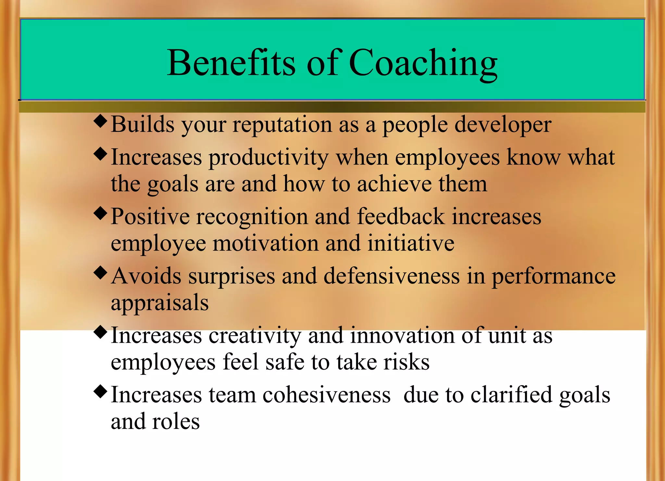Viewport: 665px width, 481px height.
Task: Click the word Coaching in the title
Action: point(423,63)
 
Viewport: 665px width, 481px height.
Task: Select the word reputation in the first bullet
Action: point(282,125)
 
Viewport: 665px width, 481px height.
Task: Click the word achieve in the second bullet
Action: point(394,184)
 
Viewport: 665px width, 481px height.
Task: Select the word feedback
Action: point(401,217)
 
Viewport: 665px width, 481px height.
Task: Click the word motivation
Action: point(266,243)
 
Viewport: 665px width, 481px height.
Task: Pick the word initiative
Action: point(411,243)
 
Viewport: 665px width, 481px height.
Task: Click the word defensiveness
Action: point(392,276)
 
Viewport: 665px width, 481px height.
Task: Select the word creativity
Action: point(255,336)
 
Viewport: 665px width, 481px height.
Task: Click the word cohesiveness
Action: point(326,395)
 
